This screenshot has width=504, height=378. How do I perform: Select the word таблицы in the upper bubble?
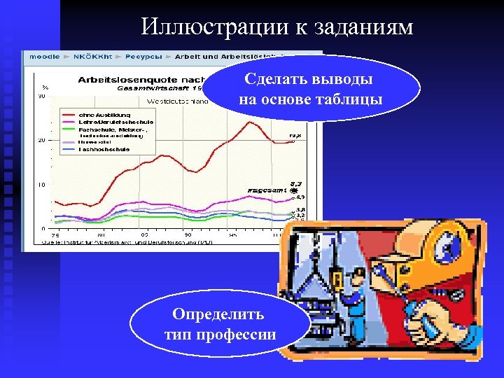(x=349, y=99)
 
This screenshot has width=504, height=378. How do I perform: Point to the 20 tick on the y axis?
(x=42, y=140)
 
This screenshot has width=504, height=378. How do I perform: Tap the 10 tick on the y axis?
(x=42, y=185)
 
